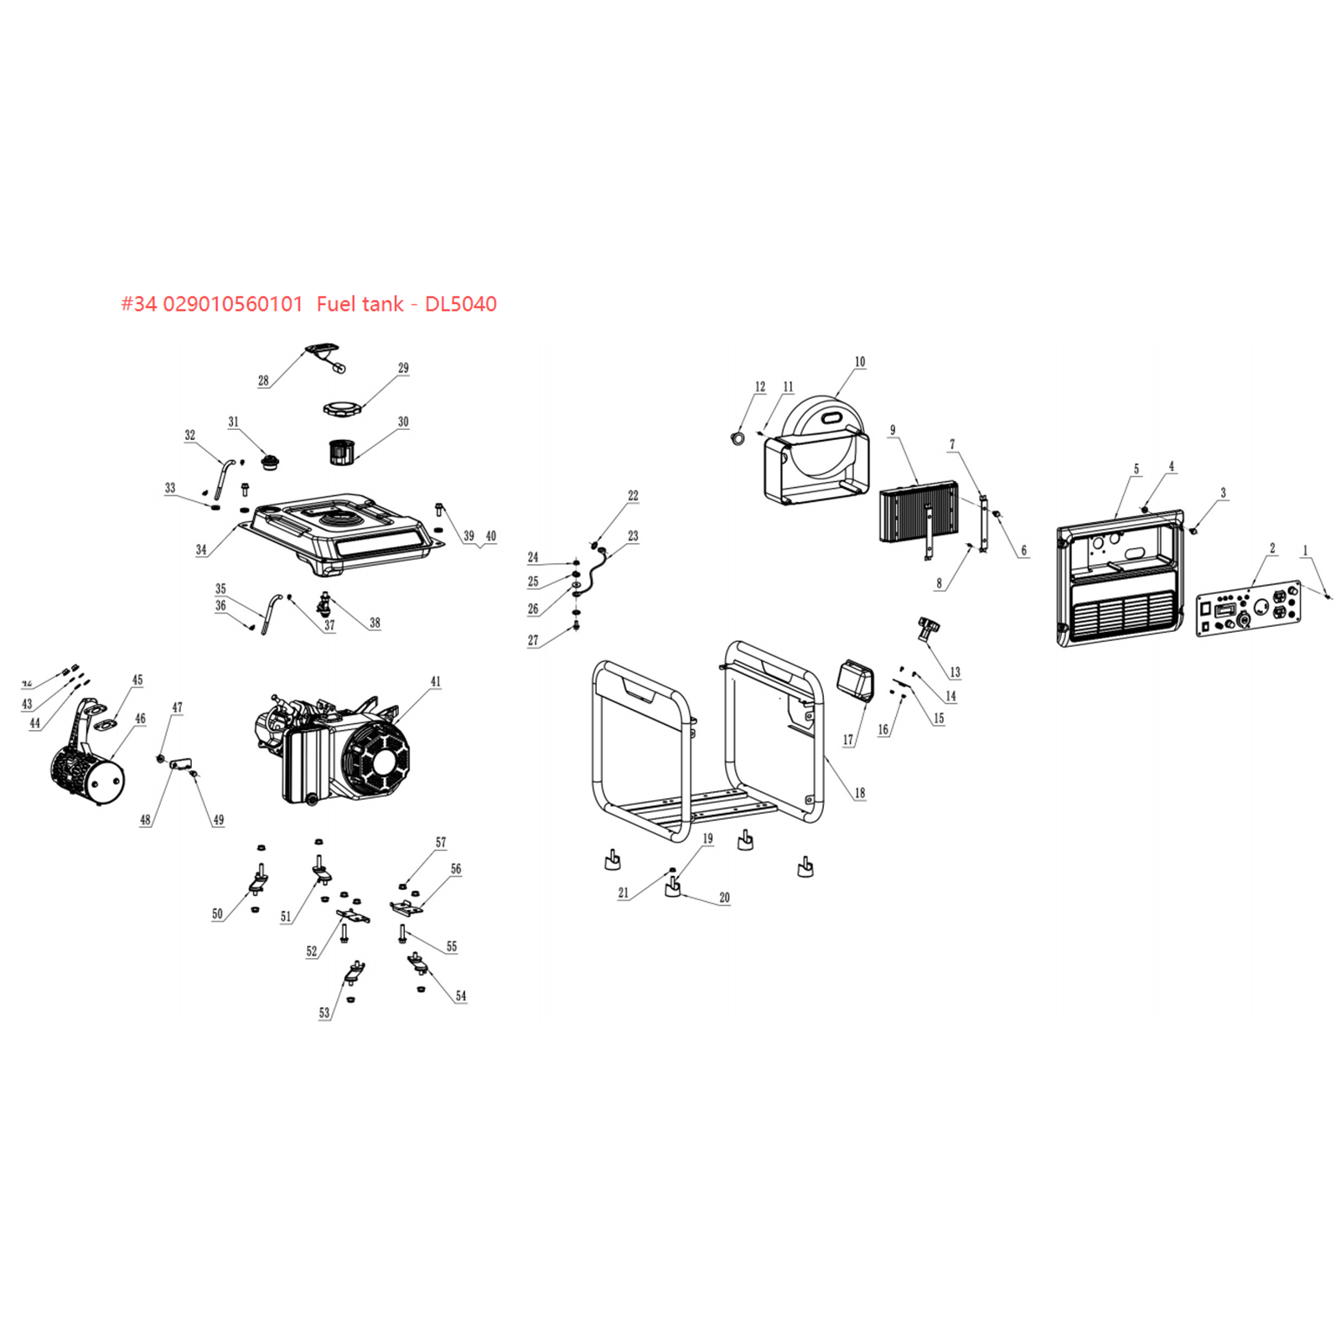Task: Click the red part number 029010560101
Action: pyautogui.click(x=232, y=304)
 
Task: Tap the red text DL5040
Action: pyautogui.click(x=460, y=304)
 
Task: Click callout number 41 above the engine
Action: pyautogui.click(x=435, y=681)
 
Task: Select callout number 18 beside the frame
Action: pyautogui.click(x=859, y=792)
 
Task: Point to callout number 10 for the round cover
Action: pyautogui.click(x=859, y=362)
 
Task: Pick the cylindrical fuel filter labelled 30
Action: pyautogui.click(x=339, y=452)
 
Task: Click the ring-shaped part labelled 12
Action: pyautogui.click(x=738, y=437)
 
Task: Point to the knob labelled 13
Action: pyautogui.click(x=929, y=627)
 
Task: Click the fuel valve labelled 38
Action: pyautogui.click(x=324, y=602)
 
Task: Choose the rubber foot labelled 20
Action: pyautogui.click(x=673, y=887)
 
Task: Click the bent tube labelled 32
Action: pyautogui.click(x=221, y=478)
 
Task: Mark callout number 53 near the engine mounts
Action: pyautogui.click(x=324, y=1012)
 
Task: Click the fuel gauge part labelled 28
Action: pyautogui.click(x=325, y=352)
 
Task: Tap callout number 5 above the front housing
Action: pyautogui.click(x=1136, y=469)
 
